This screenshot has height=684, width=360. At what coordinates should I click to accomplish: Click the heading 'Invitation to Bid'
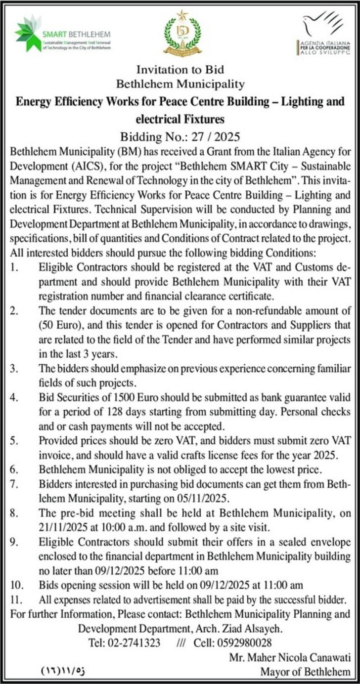coord(180,70)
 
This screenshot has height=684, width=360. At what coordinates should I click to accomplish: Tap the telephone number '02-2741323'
coord(135,643)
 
